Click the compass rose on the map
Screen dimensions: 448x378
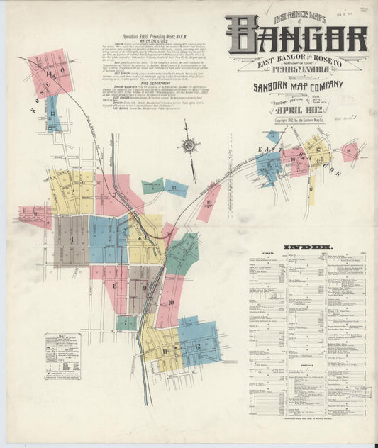click(x=189, y=145)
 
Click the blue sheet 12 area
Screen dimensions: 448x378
click(x=199, y=343)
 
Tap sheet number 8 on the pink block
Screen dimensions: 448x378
click(x=113, y=287)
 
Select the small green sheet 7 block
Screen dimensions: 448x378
click(x=126, y=323)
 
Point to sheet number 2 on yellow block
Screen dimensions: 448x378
click(x=70, y=191)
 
